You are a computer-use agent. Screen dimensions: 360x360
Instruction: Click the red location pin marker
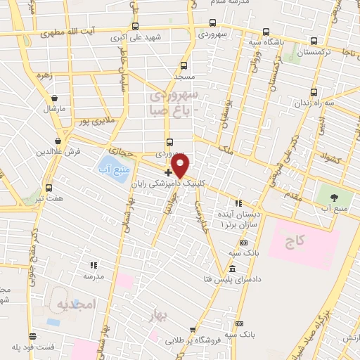click(x=181, y=166)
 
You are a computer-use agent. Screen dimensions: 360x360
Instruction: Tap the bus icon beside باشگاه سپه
click(x=265, y=32)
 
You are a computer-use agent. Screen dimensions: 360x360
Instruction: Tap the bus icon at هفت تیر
click(x=49, y=188)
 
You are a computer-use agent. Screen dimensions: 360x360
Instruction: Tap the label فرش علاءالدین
click(x=53, y=151)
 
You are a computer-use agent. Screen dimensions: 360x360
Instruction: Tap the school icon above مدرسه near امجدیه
click(x=94, y=265)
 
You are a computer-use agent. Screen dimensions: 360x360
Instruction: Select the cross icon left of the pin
click(x=168, y=172)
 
